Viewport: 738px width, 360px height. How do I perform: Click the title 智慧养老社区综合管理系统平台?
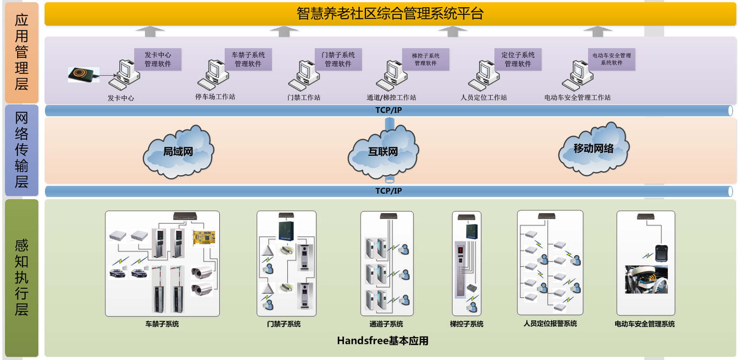[390, 14]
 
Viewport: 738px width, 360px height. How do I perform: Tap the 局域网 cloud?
[178, 152]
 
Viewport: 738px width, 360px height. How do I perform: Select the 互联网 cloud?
[383, 152]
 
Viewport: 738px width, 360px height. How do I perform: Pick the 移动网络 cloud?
[593, 149]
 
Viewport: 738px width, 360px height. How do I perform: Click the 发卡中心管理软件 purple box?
[158, 59]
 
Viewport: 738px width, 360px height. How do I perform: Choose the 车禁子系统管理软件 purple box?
[248, 59]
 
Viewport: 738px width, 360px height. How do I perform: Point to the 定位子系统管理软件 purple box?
[518, 59]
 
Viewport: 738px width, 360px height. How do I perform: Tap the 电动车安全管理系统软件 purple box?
[611, 59]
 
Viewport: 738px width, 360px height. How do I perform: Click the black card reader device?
[83, 74]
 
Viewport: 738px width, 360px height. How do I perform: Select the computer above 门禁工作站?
[304, 75]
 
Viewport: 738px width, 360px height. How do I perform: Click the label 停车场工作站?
[215, 97]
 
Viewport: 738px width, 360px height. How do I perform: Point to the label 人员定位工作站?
[484, 97]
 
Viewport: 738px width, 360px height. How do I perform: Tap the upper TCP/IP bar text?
[389, 110]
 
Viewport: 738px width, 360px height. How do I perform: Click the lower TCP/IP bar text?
[389, 191]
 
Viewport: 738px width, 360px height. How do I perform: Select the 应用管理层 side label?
[22, 52]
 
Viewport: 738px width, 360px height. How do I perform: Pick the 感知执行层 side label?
[22, 277]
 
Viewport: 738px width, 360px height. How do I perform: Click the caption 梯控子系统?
[466, 324]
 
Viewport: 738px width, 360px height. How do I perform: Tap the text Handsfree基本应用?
[382, 341]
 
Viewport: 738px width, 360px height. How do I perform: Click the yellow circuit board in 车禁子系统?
[204, 237]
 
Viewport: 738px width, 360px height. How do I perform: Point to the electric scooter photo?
[646, 279]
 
